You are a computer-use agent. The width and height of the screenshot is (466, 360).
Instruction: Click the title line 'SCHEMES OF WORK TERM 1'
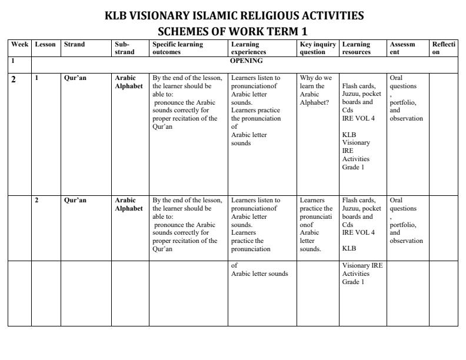(x=234, y=31)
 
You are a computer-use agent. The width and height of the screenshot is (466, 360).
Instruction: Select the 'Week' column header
(x=19, y=44)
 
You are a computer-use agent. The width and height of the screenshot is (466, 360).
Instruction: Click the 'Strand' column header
(x=74, y=44)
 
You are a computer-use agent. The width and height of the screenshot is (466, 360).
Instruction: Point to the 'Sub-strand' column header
(x=124, y=48)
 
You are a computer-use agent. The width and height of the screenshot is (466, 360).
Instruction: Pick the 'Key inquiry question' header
(x=318, y=48)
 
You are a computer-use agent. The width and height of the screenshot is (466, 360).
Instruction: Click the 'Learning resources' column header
(x=357, y=48)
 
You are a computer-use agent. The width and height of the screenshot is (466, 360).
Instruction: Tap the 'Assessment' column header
(x=402, y=48)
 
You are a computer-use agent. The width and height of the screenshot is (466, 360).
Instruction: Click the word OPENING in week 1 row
(x=246, y=61)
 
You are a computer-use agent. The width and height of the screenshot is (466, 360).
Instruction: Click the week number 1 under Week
(x=12, y=61)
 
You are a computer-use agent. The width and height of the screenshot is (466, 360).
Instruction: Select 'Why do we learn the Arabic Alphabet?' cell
(x=316, y=89)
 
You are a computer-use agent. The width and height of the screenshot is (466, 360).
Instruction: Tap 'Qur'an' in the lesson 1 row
(x=75, y=78)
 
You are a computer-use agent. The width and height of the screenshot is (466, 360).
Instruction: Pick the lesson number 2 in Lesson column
(x=36, y=200)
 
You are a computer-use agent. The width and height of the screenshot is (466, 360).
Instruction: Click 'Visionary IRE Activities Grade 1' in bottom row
(x=362, y=273)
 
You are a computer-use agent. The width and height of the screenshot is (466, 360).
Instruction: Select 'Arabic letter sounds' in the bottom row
(x=259, y=274)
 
